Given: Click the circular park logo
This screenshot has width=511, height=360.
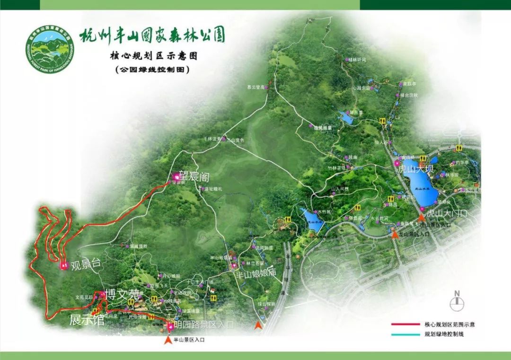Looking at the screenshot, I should (x=51, y=47).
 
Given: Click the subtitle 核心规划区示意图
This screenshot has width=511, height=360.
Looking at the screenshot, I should (x=151, y=56).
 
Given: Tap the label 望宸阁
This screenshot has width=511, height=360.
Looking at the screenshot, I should (x=194, y=175).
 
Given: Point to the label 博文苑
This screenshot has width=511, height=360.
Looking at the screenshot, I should (x=122, y=294).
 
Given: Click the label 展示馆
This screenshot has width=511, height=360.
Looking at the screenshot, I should (x=87, y=320).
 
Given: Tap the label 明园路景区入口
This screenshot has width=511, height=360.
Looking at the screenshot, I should (x=203, y=325).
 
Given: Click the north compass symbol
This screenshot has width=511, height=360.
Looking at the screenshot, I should (x=457, y=302).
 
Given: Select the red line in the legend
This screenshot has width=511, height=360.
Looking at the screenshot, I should (x=405, y=325).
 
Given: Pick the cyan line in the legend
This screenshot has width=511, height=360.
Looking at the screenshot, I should (x=405, y=334).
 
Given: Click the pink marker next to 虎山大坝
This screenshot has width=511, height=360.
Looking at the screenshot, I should (x=396, y=163).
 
